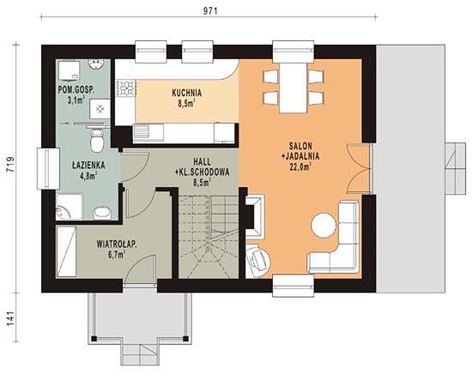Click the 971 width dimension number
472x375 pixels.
coord(209,11)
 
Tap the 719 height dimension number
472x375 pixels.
coord(10,164)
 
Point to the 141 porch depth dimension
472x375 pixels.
coord(10,318)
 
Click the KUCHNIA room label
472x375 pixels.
coord(186,93)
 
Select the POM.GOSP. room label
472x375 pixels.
coord(76,90)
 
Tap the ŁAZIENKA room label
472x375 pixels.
coord(88,165)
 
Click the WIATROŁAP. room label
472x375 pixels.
coord(117,244)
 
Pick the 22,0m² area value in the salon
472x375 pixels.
coord(300,166)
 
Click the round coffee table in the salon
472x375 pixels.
coord(323,225)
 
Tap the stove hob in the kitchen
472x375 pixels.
coord(126,88)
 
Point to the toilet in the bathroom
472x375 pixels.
coord(97,139)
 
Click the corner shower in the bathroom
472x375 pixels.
coord(69,207)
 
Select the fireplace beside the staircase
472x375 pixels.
coord(255,215)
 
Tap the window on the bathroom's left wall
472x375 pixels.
coord(48,168)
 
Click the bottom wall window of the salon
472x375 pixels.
coord(293,285)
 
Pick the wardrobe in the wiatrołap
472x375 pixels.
coord(66,251)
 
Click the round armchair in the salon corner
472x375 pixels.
coord(258,261)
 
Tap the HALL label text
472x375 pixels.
coord(203,161)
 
